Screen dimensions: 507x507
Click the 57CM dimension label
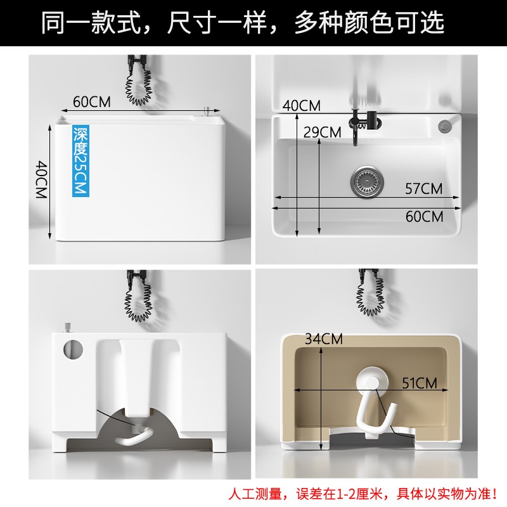pos(424,188)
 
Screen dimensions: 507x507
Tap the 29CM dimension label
pos(323,132)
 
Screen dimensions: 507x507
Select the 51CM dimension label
pos(418,383)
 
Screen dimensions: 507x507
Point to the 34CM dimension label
pos(323,338)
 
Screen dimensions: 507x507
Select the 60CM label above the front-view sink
pos(92,101)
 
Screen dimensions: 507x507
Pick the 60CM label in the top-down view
pos(424,216)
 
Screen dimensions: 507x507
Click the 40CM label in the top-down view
pos(302,106)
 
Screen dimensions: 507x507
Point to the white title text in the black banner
pos(243,23)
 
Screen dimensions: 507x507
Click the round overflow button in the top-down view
pos(445,124)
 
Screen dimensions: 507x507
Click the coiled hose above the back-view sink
pos(138,298)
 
